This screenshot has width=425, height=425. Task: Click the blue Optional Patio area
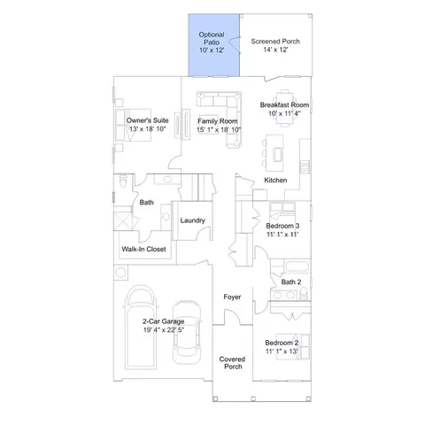pyautogui.click(x=214, y=45)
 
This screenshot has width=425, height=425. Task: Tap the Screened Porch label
pyautogui.click(x=275, y=42)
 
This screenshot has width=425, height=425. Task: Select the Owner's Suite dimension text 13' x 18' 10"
pyautogui.click(x=148, y=129)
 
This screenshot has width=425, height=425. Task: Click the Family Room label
pyautogui.click(x=218, y=121)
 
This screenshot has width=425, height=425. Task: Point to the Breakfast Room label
pyautogui.click(x=284, y=104)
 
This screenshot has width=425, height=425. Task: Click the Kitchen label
pyautogui.click(x=275, y=180)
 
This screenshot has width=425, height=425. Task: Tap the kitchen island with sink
pyautogui.click(x=274, y=152)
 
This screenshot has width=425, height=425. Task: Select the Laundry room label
pyautogui.click(x=192, y=220)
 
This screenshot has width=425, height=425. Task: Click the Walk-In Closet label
pyautogui.click(x=143, y=249)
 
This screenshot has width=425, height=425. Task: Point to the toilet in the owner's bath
pyautogui.click(x=123, y=181)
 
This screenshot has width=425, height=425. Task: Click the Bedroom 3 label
pyautogui.click(x=282, y=226)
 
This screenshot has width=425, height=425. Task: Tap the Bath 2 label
pyautogui.click(x=291, y=282)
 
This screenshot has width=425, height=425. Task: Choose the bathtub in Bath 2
pyautogui.click(x=297, y=267)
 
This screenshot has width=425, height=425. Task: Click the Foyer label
pyautogui.click(x=232, y=297)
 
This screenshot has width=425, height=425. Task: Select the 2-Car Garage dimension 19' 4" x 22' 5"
pyautogui.click(x=164, y=329)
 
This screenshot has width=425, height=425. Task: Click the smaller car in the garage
pyautogui.click(x=187, y=332)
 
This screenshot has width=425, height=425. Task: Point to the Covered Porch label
pyautogui.click(x=232, y=363)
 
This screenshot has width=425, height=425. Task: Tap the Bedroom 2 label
pyautogui.click(x=282, y=343)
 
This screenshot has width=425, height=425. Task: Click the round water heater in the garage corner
pyautogui.click(x=120, y=272)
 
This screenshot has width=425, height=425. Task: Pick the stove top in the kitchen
pyautogui.click(x=305, y=166)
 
